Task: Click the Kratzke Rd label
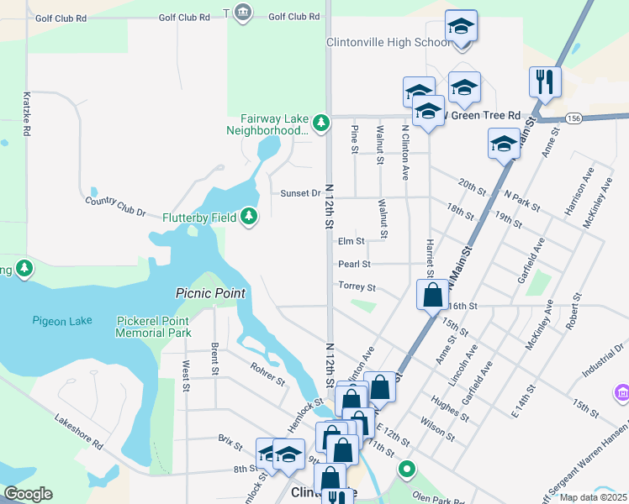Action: [x=27, y=114]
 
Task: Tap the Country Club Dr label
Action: [x=116, y=207]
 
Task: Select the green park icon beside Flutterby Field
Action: [x=248, y=218]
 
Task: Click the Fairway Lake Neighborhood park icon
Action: [x=320, y=123]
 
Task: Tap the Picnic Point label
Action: [x=210, y=293]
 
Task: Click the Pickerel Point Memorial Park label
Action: [x=154, y=327]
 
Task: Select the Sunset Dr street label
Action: [x=300, y=193]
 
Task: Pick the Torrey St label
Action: [x=356, y=286]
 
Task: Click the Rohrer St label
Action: [x=267, y=374]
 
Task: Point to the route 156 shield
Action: [x=573, y=118]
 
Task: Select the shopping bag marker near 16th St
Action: [x=433, y=296]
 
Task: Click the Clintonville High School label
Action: [x=388, y=43]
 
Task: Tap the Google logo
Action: [x=28, y=494]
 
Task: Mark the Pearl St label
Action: [x=354, y=264]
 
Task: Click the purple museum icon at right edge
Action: [x=622, y=392]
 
